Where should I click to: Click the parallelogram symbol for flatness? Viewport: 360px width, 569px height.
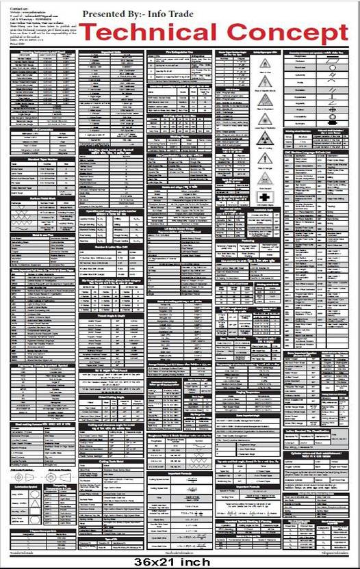coord(333,58)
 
